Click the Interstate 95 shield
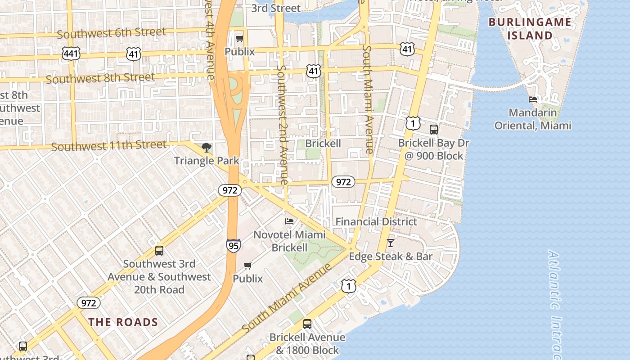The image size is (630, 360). point(233,245)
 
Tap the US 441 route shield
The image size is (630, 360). point(71,54)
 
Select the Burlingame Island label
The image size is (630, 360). point(530,28)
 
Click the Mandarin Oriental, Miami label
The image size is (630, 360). point(533,119)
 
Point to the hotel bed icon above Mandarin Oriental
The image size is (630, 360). point(533,99)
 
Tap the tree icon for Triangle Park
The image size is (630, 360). point(206,148)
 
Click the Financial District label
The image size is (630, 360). point(376,221)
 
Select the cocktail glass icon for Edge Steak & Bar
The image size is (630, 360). point(391,243)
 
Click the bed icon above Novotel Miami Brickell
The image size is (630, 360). point(289,221)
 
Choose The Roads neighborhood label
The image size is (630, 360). point(123,322)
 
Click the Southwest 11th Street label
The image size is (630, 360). point(109,146)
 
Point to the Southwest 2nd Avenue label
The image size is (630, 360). point(282,125)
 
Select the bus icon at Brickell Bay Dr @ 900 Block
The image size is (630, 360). point(434,130)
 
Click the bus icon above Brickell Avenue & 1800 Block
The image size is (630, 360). point(307,324)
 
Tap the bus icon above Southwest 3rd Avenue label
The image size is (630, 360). point(159,251)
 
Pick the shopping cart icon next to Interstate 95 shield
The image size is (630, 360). point(248,266)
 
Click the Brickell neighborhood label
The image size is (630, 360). point(323,144)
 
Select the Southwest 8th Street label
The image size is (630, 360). point(100,78)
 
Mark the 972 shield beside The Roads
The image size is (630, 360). point(88,303)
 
